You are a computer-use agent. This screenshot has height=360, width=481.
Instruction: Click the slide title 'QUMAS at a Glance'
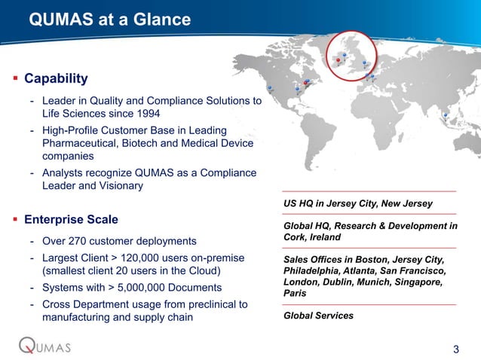(109, 19)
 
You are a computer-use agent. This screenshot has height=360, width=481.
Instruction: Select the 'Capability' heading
(56, 79)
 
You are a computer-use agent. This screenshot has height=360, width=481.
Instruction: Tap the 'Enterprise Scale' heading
(71, 220)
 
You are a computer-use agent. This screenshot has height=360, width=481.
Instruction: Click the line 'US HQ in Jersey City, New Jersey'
(357, 204)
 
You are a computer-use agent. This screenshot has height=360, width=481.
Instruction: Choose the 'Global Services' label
(317, 316)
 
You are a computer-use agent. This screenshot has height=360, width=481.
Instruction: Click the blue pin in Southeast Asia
(446, 115)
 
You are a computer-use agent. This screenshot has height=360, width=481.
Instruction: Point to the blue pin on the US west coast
(269, 87)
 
